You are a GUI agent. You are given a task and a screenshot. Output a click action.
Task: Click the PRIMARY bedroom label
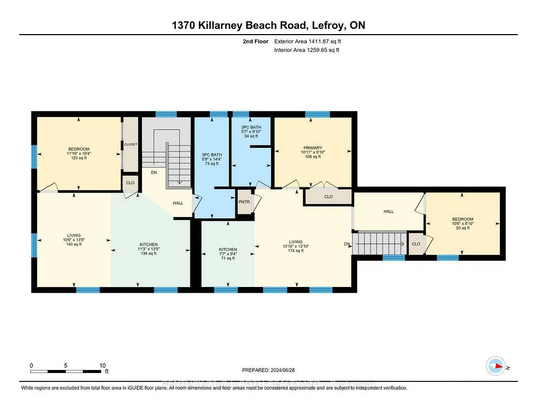pos(313,148)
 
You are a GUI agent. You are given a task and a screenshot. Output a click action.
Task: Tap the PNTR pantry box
pos(243,201)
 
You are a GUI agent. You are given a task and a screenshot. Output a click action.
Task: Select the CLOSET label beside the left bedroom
pos(130,144)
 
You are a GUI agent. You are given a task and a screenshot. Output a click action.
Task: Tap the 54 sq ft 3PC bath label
pos(251,132)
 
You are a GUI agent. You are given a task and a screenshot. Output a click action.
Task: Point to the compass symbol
pos(496,365)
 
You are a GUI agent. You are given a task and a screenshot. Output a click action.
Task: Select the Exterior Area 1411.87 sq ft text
pos(312,41)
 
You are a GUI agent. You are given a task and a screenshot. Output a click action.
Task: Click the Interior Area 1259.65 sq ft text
pos(307,50)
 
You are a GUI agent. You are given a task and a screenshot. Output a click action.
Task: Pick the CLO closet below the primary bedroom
pos(328,197)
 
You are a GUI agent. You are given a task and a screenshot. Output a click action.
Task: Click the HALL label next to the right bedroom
pos(388,211)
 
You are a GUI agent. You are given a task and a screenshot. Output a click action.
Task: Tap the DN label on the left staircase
pos(154,172)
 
